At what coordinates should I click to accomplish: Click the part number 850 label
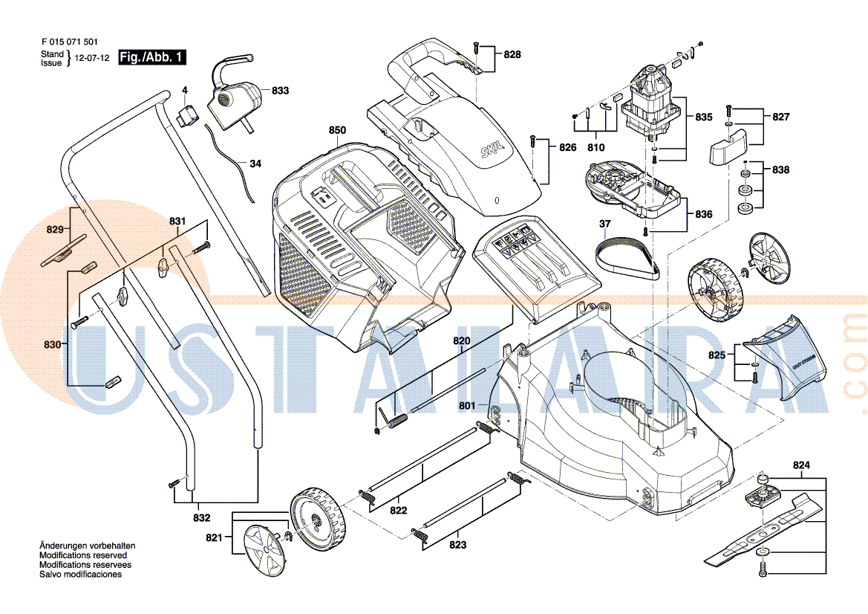click(337, 131)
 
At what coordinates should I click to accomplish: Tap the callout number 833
click(280, 91)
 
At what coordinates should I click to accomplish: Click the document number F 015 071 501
click(69, 43)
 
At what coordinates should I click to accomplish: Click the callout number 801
click(466, 406)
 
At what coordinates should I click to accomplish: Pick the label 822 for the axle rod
click(399, 511)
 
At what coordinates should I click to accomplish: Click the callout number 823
click(457, 545)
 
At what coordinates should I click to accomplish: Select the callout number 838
click(780, 170)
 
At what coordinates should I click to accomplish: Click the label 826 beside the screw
click(568, 147)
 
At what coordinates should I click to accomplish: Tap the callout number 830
click(51, 344)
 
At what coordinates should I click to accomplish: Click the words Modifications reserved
click(82, 555)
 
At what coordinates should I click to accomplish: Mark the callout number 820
click(462, 341)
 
